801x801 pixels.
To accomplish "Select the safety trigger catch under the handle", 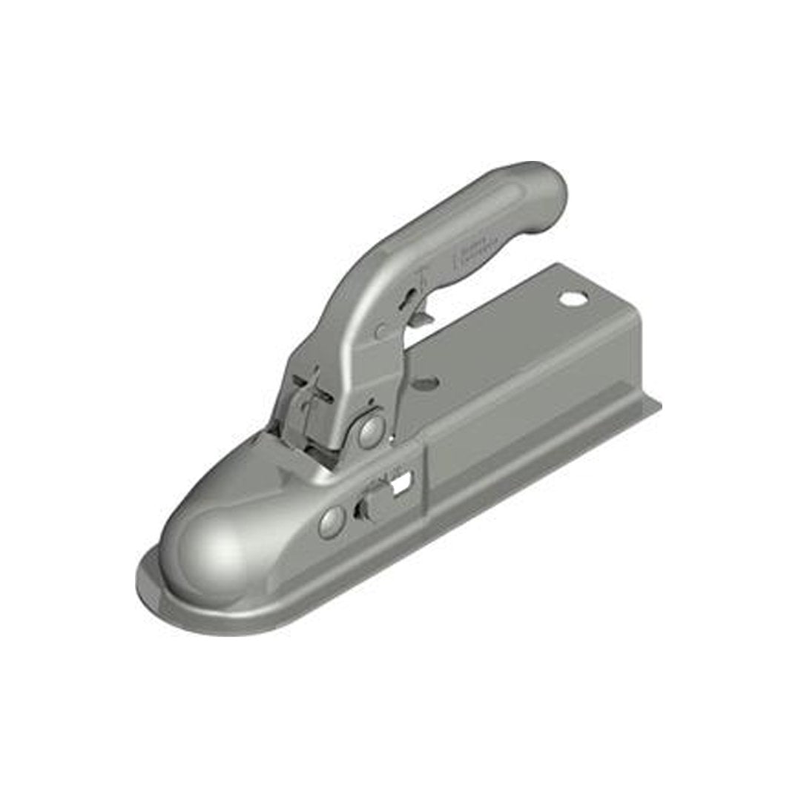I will coord(421,317).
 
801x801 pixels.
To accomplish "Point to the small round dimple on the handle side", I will coord(380,332).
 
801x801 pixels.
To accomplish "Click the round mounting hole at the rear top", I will coord(573,300).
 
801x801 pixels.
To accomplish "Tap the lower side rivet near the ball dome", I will coord(331,522).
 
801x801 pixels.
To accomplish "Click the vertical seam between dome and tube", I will coord(425,482).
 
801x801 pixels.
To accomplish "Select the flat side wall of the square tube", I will coord(519,430).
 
